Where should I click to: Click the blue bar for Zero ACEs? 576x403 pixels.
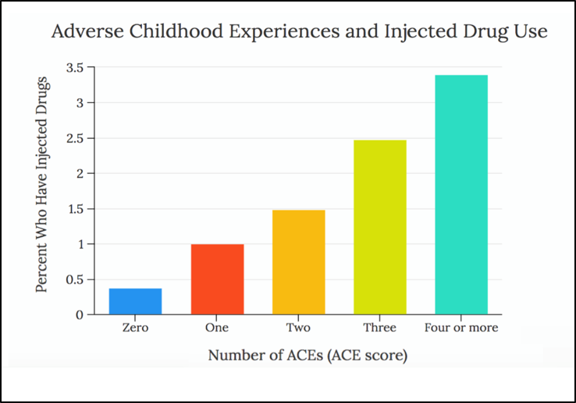(x=136, y=302)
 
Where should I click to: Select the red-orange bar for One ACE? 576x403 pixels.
(x=217, y=279)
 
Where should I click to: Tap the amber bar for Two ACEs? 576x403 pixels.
(x=298, y=262)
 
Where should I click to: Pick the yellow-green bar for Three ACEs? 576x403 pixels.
(x=380, y=227)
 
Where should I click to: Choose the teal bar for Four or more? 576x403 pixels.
(x=461, y=195)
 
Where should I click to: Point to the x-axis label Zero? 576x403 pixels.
(x=136, y=327)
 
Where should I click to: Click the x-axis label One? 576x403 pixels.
(x=217, y=327)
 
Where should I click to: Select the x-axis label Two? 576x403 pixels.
(x=298, y=327)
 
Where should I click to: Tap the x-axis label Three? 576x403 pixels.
(x=380, y=327)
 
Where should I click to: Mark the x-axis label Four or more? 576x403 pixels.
(x=461, y=327)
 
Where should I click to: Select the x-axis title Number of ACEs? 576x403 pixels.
(x=308, y=355)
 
